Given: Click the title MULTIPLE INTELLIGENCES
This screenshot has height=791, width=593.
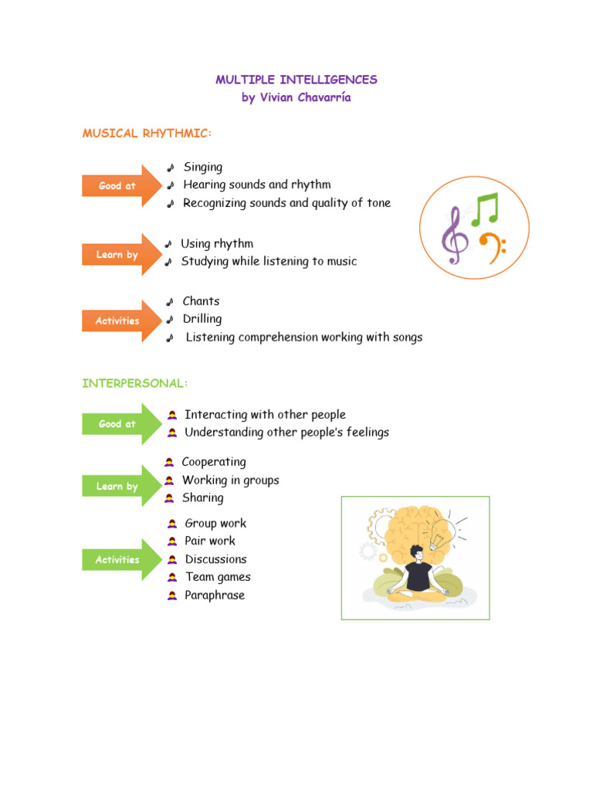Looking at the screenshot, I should tap(296, 80).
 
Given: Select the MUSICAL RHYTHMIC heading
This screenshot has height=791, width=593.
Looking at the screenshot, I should tap(147, 134).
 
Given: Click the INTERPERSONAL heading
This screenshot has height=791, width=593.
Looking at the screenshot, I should tap(135, 383).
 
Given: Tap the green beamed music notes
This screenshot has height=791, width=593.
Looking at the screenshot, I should tap(486, 209).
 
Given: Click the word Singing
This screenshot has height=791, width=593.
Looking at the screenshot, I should tap(203, 167).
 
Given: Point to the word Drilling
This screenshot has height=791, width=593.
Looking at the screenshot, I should tap(202, 319).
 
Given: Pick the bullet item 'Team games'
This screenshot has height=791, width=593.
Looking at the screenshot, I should tap(218, 577).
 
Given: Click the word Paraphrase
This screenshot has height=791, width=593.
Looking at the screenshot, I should tap(215, 596).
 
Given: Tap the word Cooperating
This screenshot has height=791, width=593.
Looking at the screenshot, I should tap(214, 462).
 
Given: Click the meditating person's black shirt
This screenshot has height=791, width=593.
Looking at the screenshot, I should tap(418, 575).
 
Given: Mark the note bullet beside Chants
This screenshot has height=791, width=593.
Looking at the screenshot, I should tap(170, 302).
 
